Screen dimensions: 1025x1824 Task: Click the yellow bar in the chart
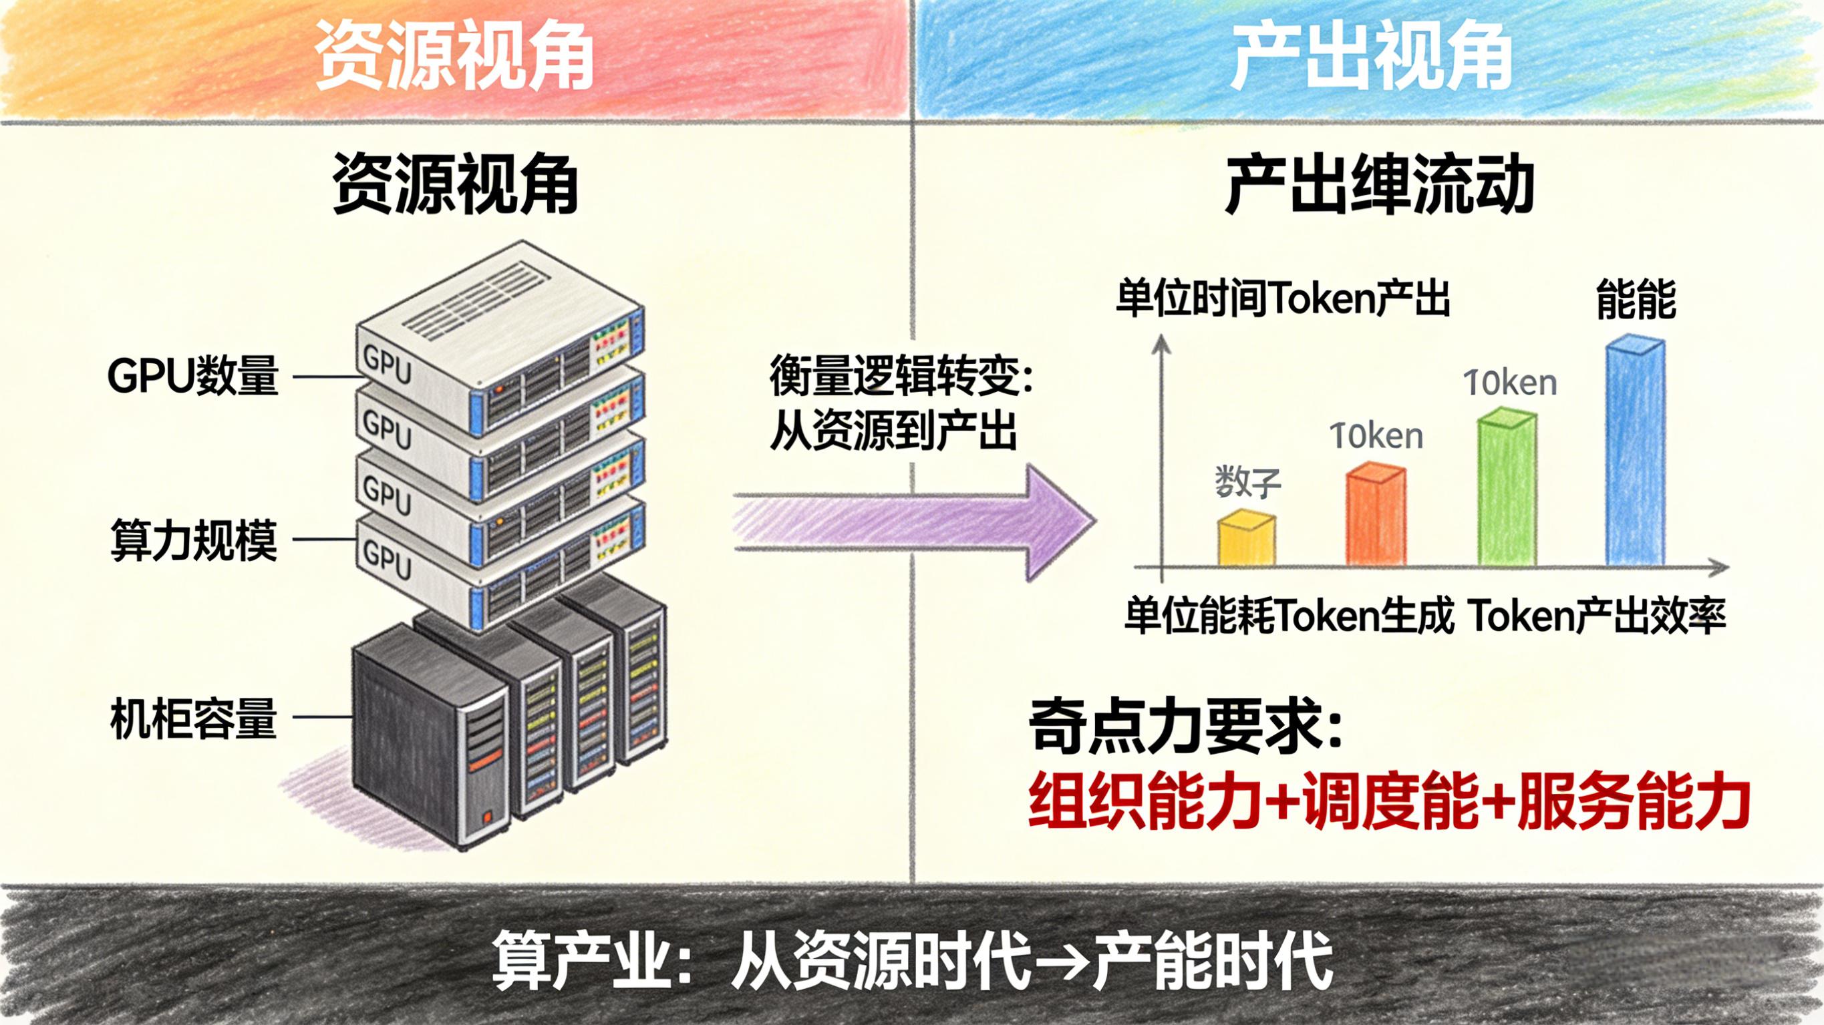pos(1247,540)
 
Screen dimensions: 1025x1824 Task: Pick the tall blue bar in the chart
pos(1635,453)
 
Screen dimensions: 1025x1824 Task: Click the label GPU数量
pos(192,376)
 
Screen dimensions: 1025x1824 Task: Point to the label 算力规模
pos(193,540)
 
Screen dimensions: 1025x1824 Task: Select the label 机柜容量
pos(193,719)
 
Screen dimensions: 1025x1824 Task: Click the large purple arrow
pos(913,522)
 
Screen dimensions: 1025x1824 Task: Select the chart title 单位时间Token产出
pos(1282,298)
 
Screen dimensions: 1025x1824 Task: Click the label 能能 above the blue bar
pos(1636,299)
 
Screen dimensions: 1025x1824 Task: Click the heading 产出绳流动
pos(1379,186)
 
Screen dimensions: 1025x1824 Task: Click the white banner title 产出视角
pos(1371,55)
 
